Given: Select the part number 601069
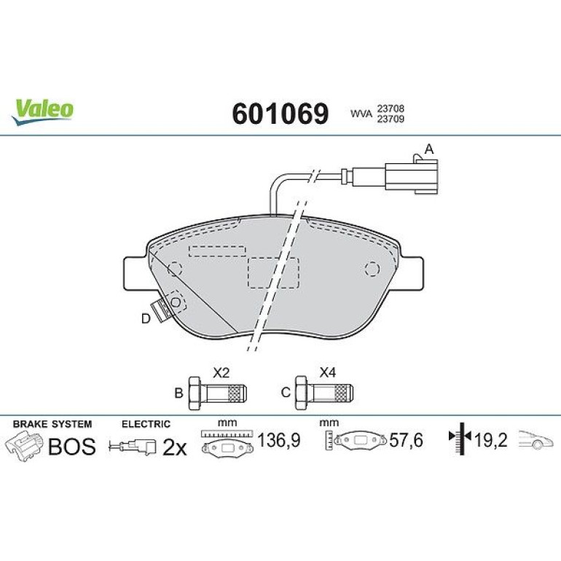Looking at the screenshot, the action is pyautogui.click(x=280, y=114).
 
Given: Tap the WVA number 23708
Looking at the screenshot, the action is pyautogui.click(x=391, y=108).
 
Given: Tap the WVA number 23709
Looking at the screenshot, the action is pyautogui.click(x=391, y=119).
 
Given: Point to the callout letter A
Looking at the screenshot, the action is pyautogui.click(x=428, y=149).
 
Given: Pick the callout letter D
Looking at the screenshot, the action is pyautogui.click(x=145, y=318).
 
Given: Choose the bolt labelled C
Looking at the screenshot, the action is pyautogui.click(x=324, y=393).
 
